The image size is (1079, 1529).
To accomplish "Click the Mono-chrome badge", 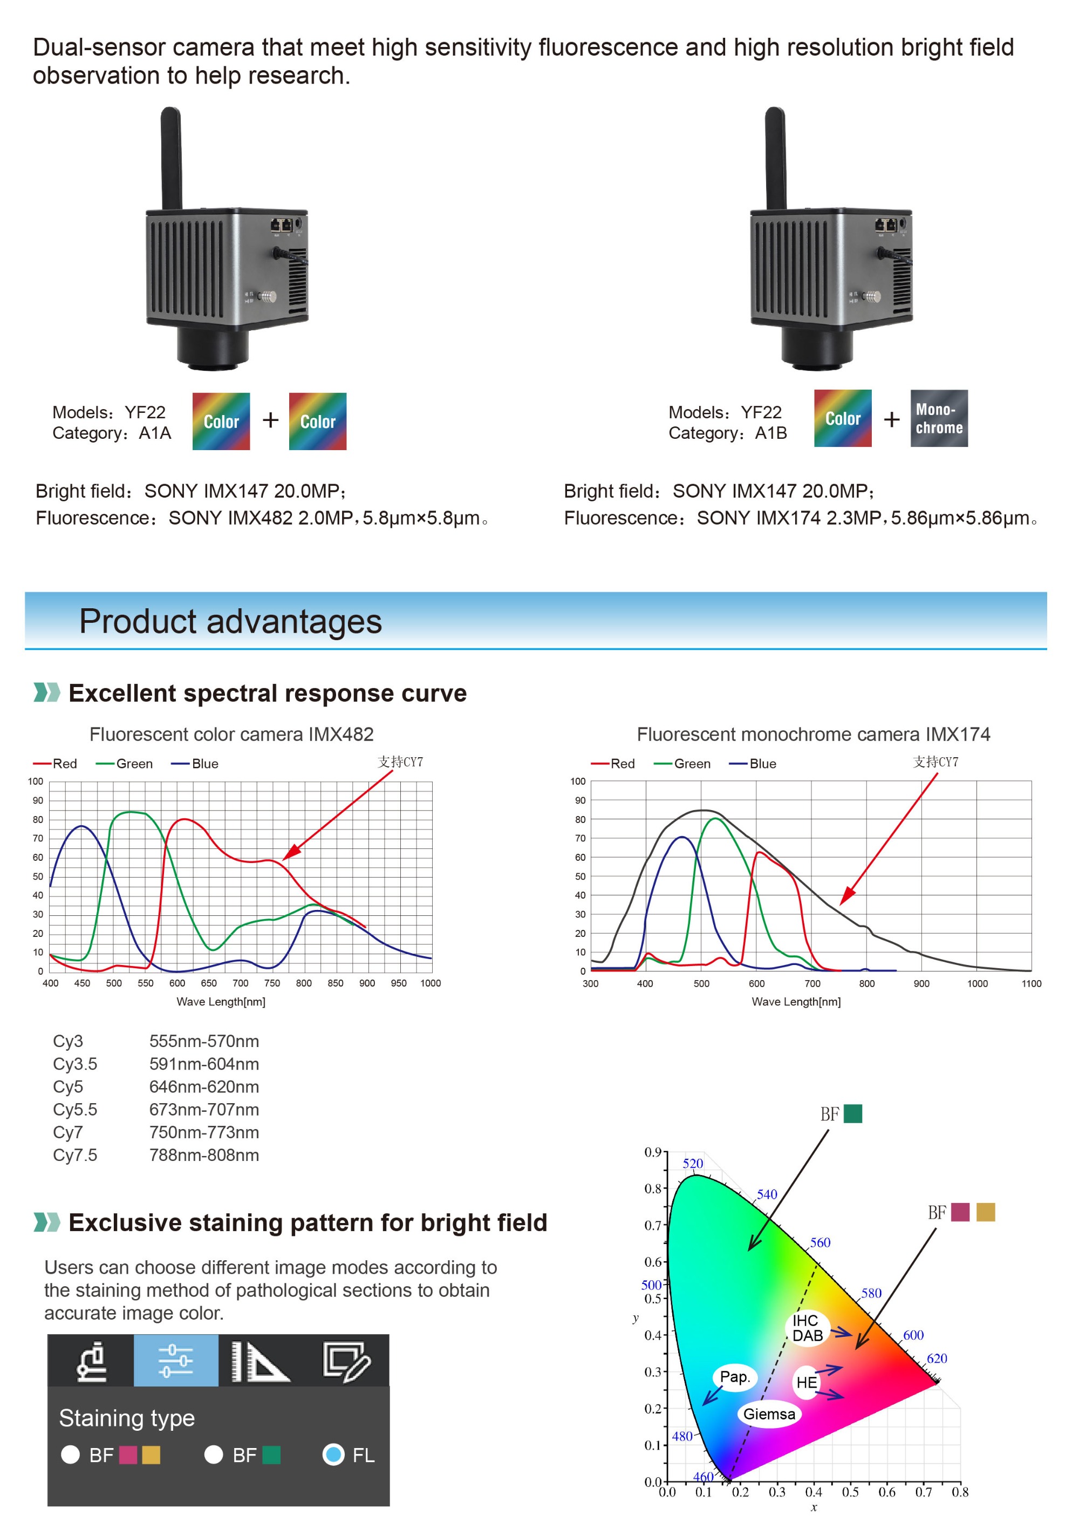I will coord(939,418).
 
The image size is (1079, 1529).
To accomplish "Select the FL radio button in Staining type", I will coord(333,1455).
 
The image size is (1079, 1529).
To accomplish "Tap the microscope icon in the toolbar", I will coord(91,1361).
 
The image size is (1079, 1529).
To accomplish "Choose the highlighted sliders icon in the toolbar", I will coord(176,1361).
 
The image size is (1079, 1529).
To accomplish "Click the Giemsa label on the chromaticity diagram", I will coord(769,1414).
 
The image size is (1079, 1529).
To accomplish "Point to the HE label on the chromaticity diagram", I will coord(806,1383).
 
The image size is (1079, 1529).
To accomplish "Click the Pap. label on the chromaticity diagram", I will coord(734,1376).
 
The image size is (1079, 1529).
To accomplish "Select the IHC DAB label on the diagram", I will coord(807,1328).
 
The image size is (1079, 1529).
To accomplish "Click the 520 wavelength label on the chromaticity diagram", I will coord(692,1164).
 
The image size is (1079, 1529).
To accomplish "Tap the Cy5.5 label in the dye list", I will coord(74,1110).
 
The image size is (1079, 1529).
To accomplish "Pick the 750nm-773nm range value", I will coord(204,1132).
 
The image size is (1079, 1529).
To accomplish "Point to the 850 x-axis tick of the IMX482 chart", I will coord(336,983).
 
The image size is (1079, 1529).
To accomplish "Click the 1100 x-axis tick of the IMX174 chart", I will coord(1031,983).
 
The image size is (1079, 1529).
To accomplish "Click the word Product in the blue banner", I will coord(137,621).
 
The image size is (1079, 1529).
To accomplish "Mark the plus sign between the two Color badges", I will coord(270,420).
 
